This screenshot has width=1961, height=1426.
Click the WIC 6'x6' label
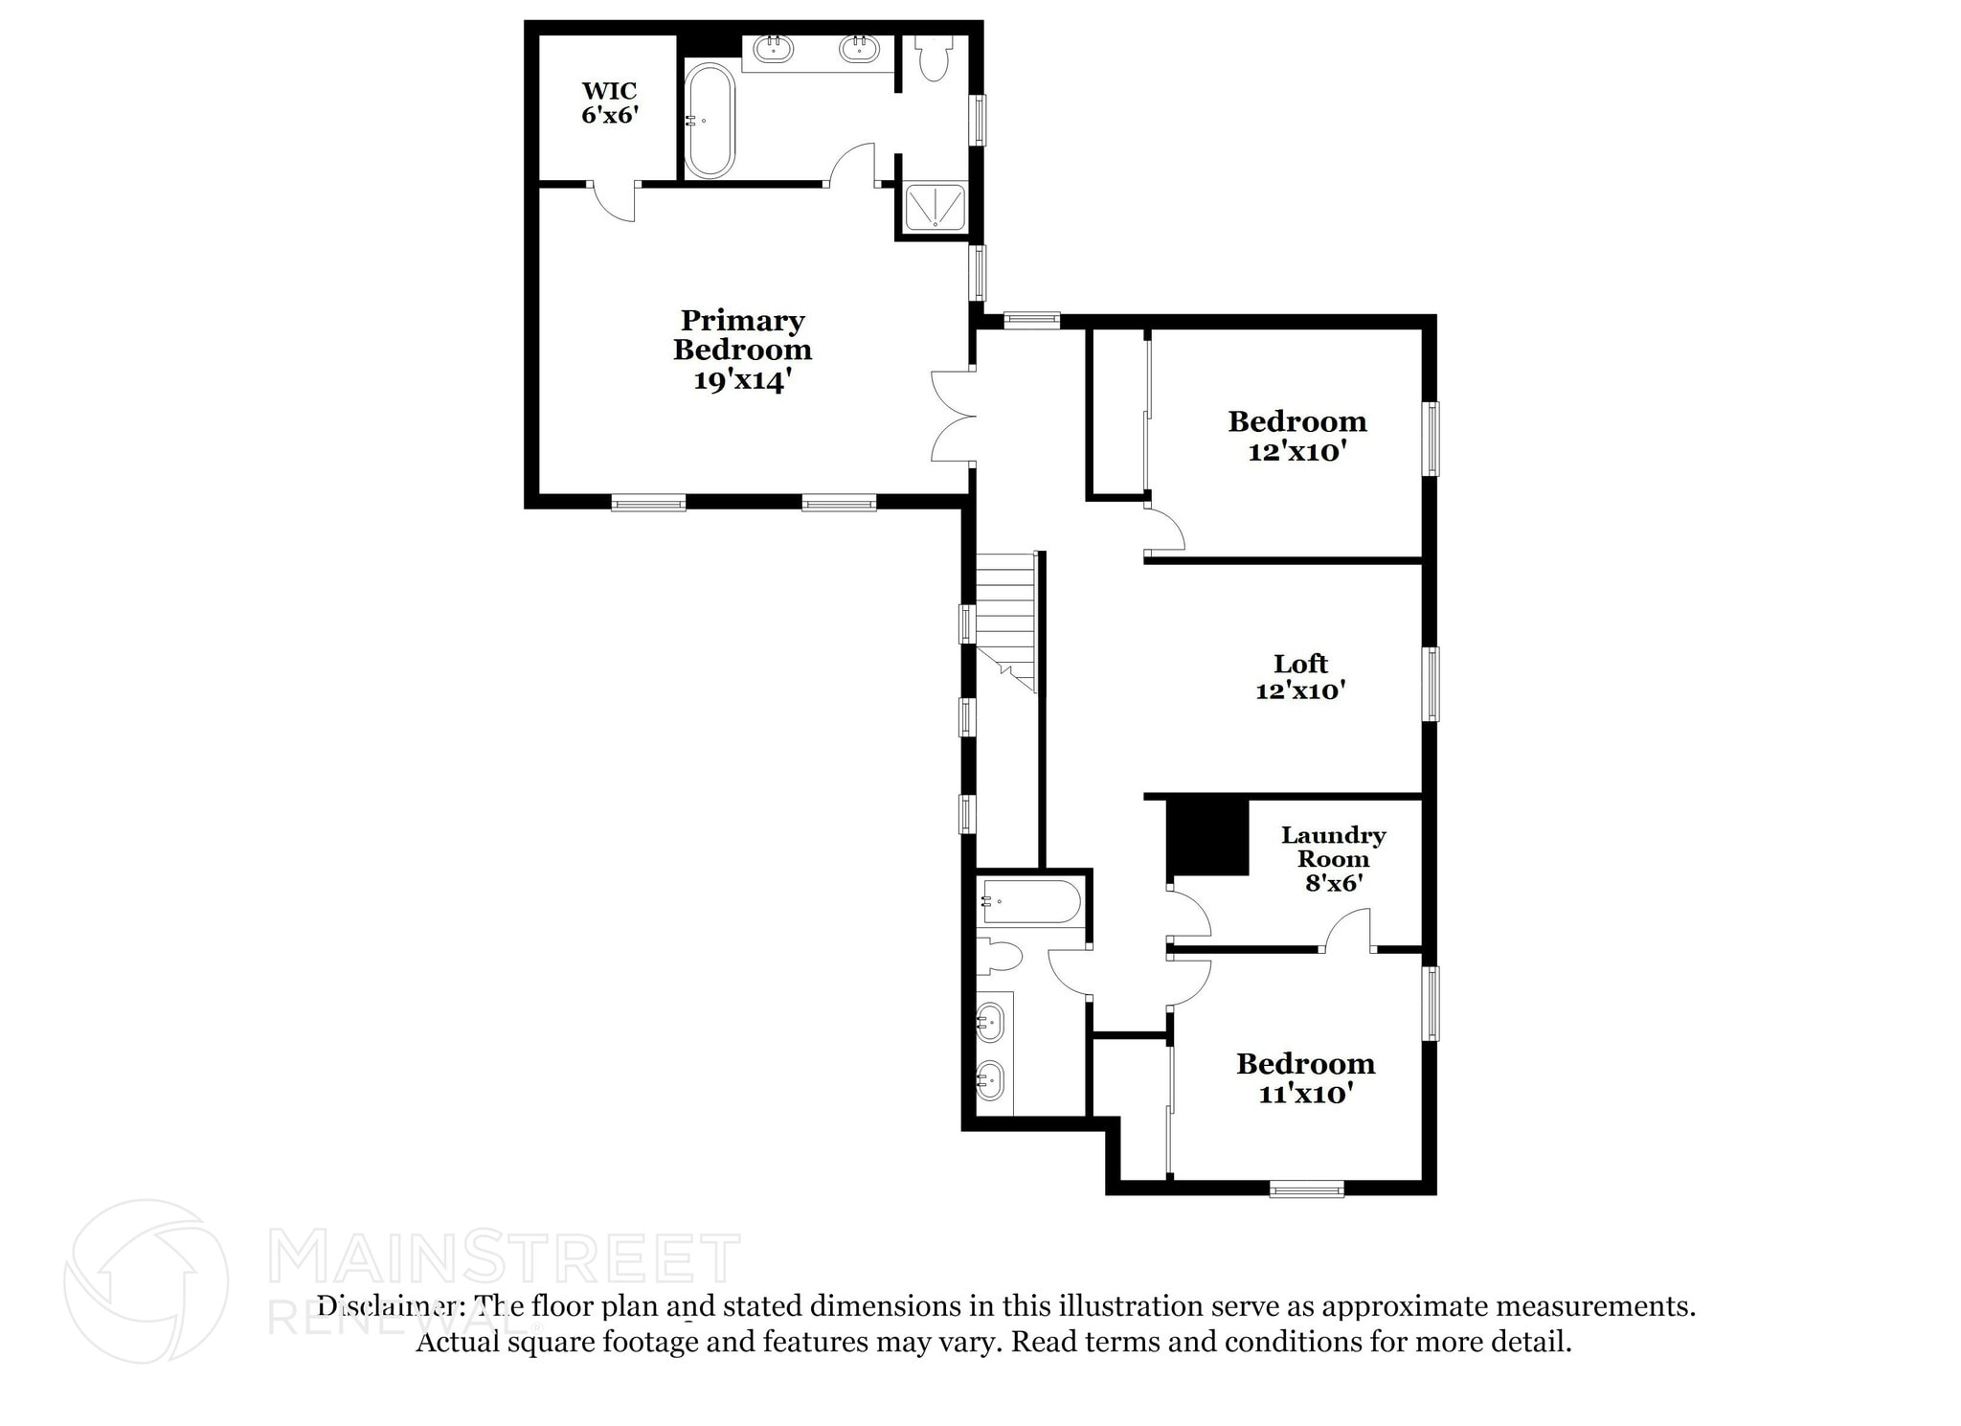coord(610,103)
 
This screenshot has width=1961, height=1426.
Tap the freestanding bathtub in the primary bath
coord(710,121)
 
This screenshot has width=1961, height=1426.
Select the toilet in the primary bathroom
coord(932,59)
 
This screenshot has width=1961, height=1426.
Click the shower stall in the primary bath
coord(935,208)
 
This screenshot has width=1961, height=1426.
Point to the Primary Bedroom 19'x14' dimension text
coord(743,381)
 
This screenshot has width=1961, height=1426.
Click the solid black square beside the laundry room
coord(1207,837)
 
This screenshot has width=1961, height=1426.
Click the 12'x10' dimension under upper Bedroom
coord(1297,452)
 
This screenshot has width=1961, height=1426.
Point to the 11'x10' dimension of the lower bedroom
coord(1305,1094)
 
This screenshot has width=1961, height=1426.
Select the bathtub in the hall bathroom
coord(1030,902)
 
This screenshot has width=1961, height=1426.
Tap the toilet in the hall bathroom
coord(1001,956)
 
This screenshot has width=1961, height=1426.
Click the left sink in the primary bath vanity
coord(773,49)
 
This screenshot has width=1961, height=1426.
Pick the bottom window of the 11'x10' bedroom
coord(1306,1188)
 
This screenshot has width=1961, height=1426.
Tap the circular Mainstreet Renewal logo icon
coord(147,1281)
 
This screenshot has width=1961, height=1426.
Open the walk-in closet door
coord(614,201)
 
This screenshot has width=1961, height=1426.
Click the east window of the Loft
coord(1431,684)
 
